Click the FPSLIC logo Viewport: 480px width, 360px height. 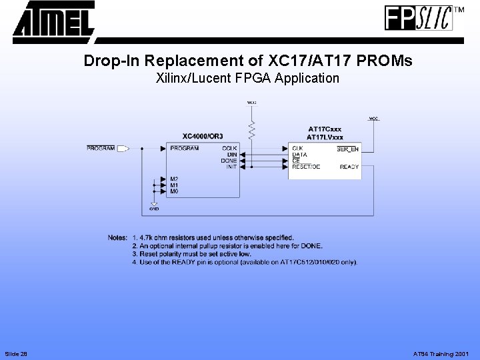[x=419, y=18]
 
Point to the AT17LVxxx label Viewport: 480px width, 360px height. [x=325, y=136]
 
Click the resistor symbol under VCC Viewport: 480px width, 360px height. [x=252, y=130]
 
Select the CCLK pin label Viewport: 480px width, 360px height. [x=230, y=148]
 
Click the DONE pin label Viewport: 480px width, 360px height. [x=229, y=161]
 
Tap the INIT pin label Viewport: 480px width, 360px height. [x=231, y=167]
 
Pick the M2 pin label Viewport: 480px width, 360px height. [x=174, y=179]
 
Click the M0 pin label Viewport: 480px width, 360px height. [x=174, y=191]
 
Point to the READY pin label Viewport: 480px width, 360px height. [x=349, y=167]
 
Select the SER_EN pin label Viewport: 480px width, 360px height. [x=347, y=148]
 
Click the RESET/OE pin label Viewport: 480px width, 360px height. [x=306, y=167]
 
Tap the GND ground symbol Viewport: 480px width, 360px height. [x=154, y=206]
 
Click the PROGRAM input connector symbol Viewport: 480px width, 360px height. [x=123, y=148]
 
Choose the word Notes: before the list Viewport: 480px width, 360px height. [x=117, y=237]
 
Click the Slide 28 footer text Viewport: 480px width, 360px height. [x=15, y=353]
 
